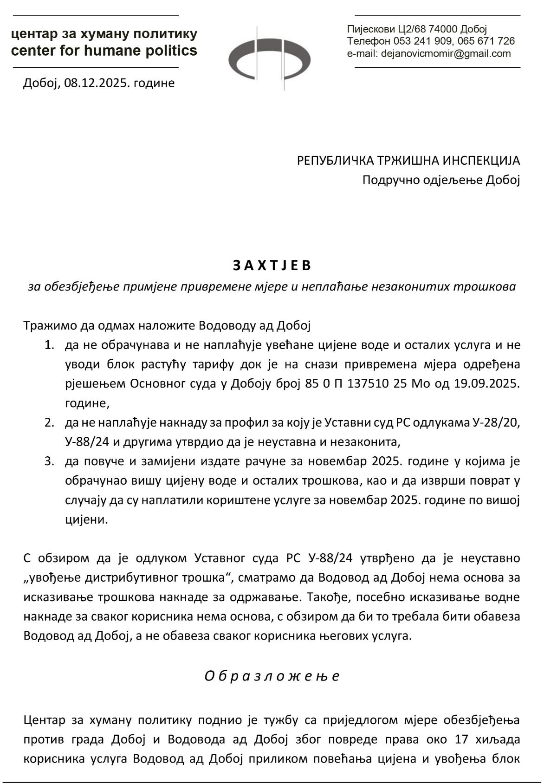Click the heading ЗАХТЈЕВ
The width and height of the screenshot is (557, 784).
click(x=272, y=266)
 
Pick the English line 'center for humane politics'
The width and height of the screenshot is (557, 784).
click(x=104, y=51)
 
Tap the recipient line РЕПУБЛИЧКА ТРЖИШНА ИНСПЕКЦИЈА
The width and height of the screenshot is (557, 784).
click(x=408, y=161)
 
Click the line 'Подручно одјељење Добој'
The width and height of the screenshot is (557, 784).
click(x=440, y=180)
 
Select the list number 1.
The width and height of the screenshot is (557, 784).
click(x=49, y=345)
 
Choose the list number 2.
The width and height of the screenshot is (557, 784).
click(x=49, y=423)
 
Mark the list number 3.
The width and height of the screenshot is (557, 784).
click(x=49, y=461)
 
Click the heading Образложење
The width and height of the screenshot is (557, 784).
click(x=272, y=676)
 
